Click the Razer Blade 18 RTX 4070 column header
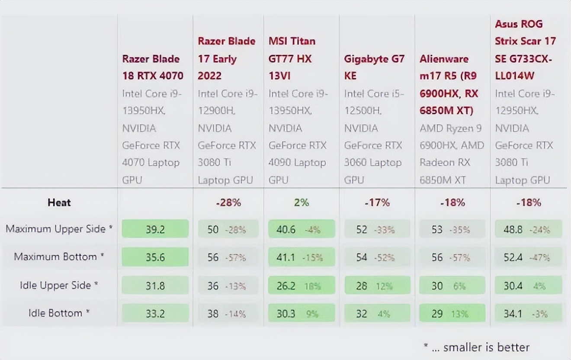[153, 67]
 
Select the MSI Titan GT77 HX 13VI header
[292, 58]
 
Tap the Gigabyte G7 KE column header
[374, 67]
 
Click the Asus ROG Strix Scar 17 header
[525, 50]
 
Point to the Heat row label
[59, 202]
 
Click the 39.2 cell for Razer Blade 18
[155, 229]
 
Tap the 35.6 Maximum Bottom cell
[155, 257]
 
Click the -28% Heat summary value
[228, 202]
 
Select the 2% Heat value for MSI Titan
[301, 202]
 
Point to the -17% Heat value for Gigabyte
[377, 202]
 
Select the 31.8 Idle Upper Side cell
[155, 286]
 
